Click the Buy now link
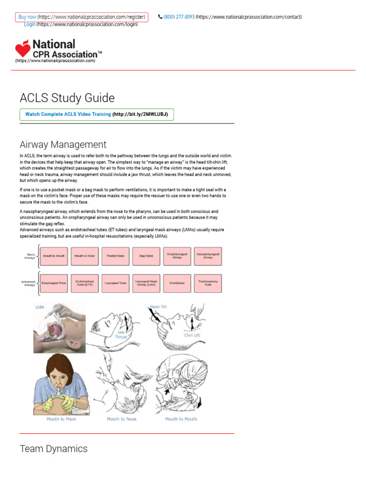28,17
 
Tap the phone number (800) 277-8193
179,17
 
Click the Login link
30,24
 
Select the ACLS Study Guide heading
67,98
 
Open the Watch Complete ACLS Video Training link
68,114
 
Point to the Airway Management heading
63,144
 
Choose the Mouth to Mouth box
54,256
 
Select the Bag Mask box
146,256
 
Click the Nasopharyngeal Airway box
208,256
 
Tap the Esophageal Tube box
54,283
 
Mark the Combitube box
177,283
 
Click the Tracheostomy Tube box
208,283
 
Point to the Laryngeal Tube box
116,283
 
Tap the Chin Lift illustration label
192,335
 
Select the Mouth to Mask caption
61,419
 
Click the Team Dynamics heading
53,448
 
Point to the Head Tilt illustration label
158,306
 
